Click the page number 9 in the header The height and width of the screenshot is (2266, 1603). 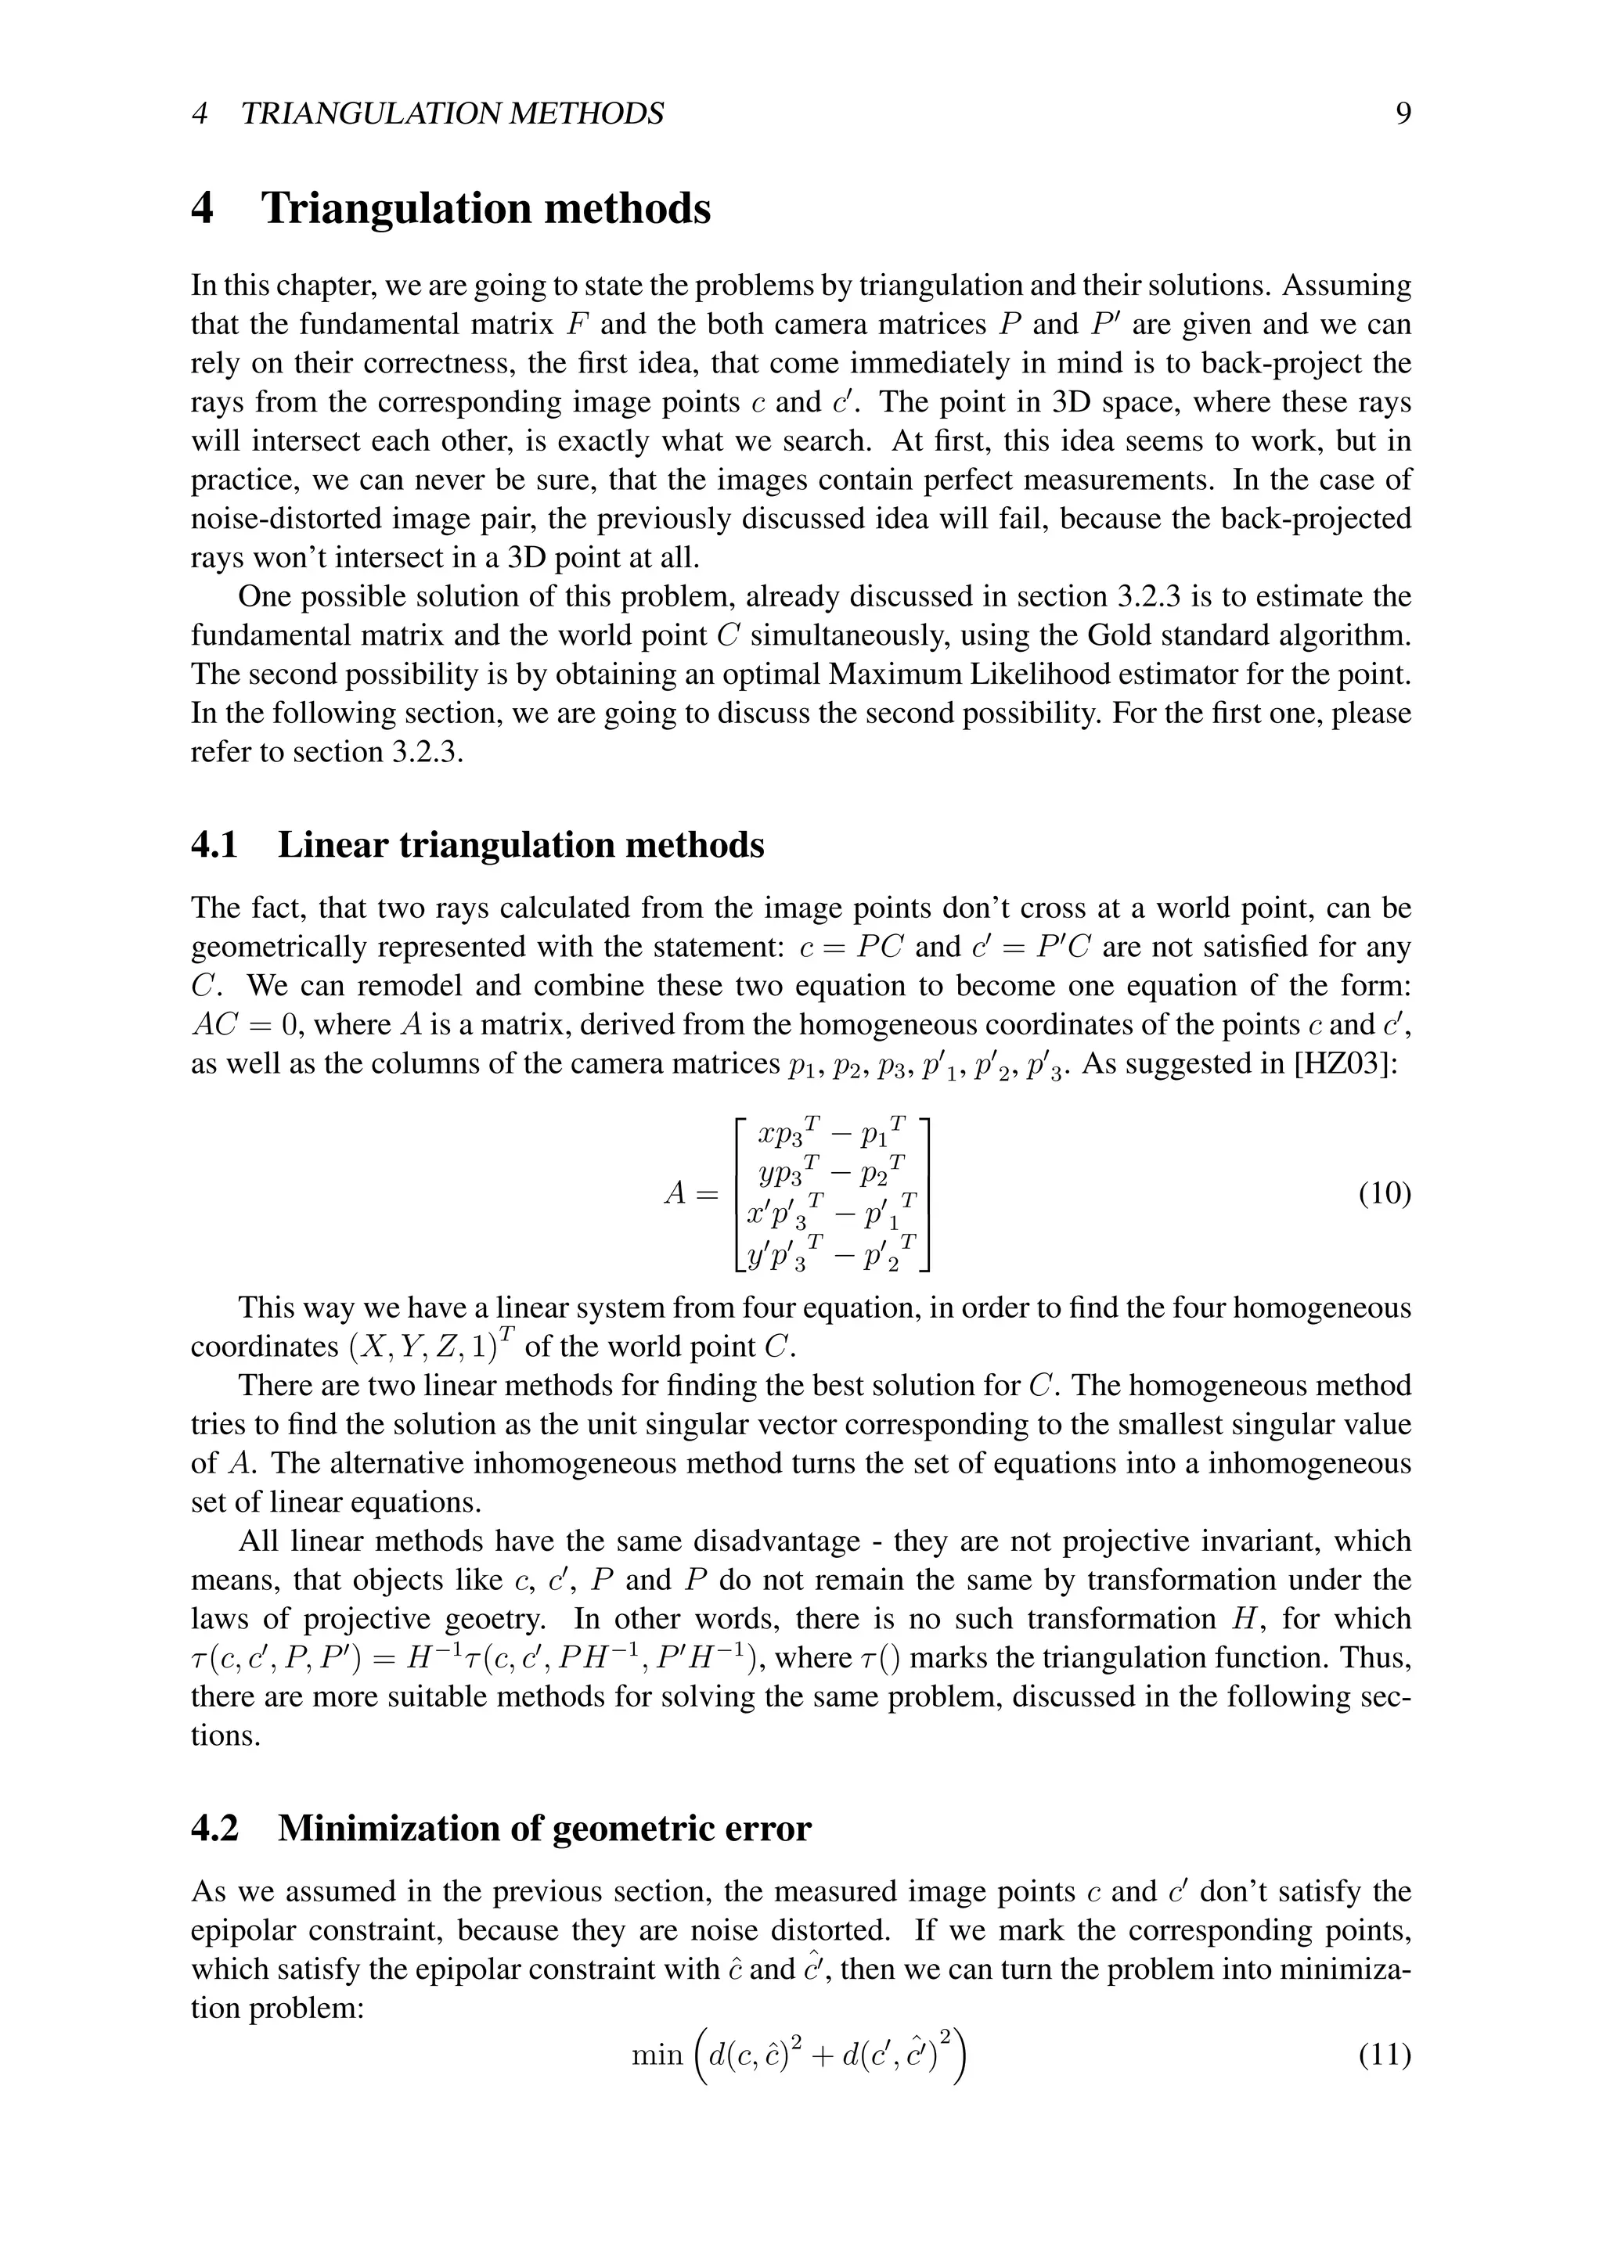pos(1403,114)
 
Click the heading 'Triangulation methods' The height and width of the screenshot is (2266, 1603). pos(485,209)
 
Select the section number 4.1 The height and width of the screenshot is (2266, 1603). pos(214,846)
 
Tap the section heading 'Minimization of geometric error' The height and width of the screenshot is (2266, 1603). pos(544,1829)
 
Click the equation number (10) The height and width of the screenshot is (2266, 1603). pos(1384,1194)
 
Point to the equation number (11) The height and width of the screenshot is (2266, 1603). pos(1384,2056)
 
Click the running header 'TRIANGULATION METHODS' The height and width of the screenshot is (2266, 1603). pos(452,114)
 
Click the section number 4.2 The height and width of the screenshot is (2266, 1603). pos(214,1829)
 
